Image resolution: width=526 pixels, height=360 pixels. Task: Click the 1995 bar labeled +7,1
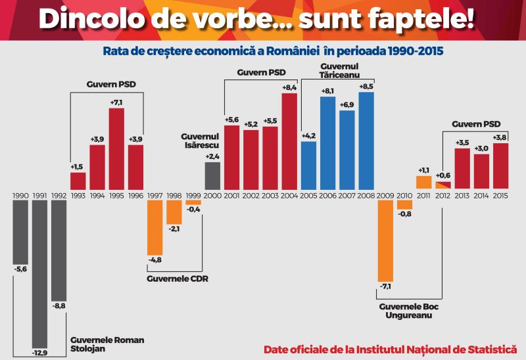[116, 148]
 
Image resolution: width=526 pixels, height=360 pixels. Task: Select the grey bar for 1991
[40, 273]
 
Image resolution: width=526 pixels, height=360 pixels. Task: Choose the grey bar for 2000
[212, 175]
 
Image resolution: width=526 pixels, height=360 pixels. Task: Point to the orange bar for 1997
[155, 227]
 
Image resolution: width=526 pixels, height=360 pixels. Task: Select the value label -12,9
[40, 353]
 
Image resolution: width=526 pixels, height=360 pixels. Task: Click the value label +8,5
[366, 87]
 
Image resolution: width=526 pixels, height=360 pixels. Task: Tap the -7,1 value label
[385, 287]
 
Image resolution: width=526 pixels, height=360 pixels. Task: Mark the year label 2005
[309, 195]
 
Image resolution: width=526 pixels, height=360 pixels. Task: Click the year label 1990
[20, 195]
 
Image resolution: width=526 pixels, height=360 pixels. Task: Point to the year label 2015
[500, 195]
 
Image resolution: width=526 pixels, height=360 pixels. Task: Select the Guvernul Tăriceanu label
[339, 70]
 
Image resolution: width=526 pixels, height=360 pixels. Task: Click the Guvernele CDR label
[177, 278]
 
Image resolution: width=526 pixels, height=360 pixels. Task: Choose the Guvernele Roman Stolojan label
[107, 344]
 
